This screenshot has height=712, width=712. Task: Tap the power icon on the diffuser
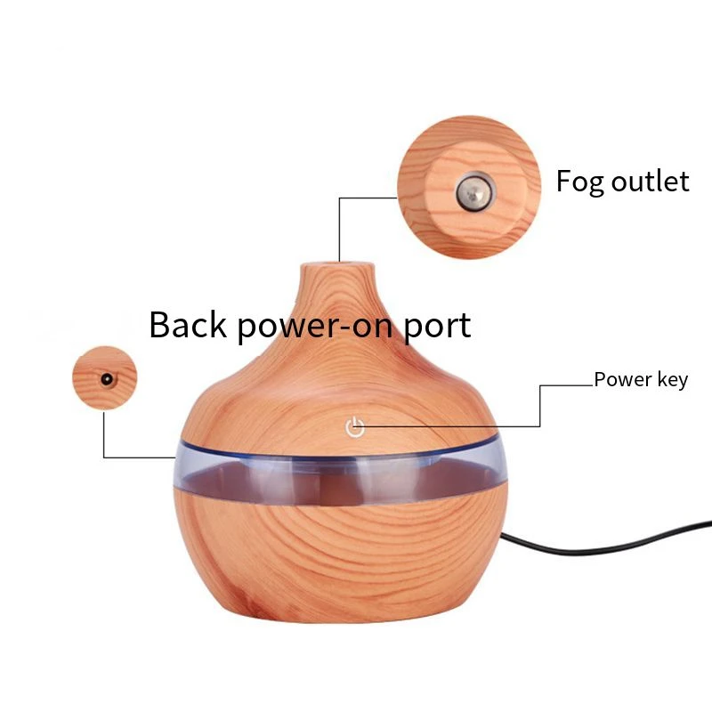click(355, 428)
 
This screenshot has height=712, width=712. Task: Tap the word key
click(672, 381)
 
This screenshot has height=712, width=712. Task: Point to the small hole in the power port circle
click(106, 378)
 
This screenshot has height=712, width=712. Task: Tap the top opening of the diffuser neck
click(339, 264)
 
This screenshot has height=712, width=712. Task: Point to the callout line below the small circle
click(104, 436)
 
